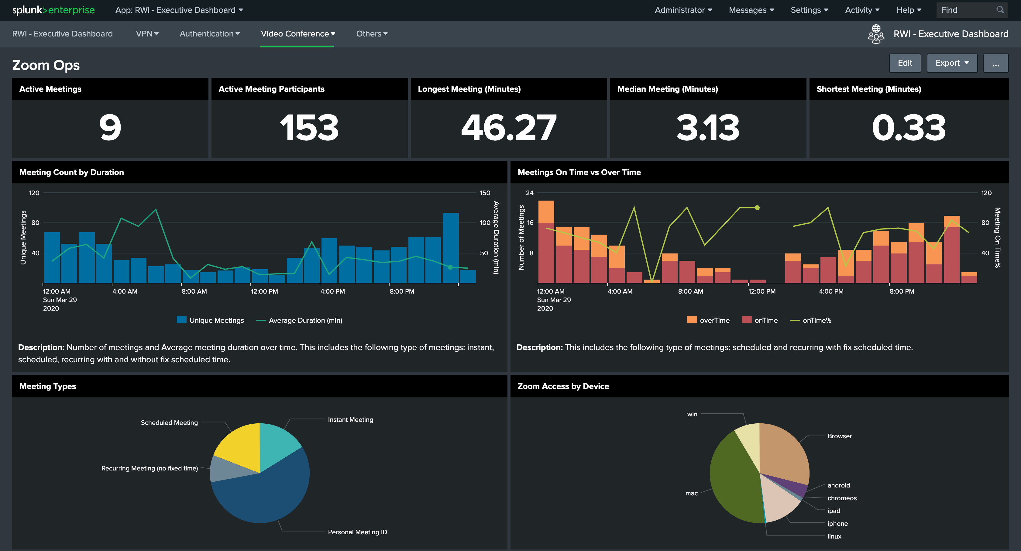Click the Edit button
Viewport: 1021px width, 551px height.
[x=905, y=63]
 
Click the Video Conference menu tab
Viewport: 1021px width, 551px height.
[x=297, y=34]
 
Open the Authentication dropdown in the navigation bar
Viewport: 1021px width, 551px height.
[x=209, y=34]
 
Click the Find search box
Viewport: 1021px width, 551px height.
[x=967, y=10]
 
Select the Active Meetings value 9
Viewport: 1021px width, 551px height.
[x=110, y=128]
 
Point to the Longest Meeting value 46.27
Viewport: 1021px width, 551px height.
[x=508, y=128]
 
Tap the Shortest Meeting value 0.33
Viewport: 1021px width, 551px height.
[x=909, y=128]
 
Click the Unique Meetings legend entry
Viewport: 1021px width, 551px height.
[x=211, y=320]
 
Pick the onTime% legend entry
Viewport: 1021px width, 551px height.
[x=811, y=320]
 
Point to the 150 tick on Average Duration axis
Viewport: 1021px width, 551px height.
[x=485, y=193]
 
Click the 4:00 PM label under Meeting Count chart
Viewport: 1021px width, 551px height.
[x=332, y=291]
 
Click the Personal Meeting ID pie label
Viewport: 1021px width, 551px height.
[x=357, y=532]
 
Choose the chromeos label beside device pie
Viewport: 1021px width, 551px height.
[x=842, y=498]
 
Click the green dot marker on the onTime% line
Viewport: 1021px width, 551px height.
[x=757, y=208]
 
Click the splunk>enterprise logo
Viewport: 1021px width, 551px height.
[x=53, y=10]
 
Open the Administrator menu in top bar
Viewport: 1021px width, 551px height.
[x=683, y=10]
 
